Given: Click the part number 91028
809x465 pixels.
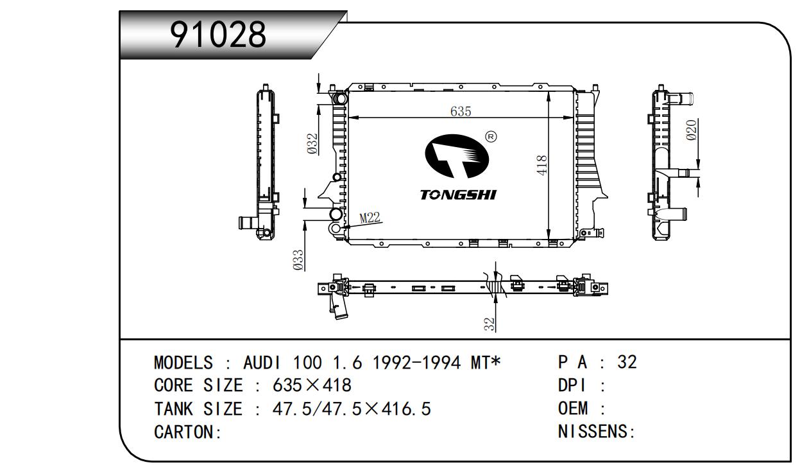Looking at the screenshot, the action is [218, 35].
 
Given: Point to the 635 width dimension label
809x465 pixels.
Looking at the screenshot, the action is [461, 111].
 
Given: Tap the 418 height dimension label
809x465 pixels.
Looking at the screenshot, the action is [541, 166].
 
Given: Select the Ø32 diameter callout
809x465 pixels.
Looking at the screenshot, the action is [312, 144].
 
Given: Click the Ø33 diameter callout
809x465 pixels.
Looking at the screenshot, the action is [298, 260].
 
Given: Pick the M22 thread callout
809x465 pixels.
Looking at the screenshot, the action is [370, 217].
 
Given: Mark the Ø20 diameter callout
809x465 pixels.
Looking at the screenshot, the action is [691, 130].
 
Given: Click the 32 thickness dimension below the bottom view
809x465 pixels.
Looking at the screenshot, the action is [489, 324].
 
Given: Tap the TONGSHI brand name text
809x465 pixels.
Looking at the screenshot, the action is [458, 195].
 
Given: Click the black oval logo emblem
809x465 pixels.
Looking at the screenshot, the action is [457, 156].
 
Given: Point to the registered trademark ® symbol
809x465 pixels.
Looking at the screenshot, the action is [491, 137].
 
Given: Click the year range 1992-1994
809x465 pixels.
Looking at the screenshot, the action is [416, 363].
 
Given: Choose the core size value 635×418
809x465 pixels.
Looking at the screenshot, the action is [312, 385].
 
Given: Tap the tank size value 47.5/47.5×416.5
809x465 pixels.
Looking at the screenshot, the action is [352, 409].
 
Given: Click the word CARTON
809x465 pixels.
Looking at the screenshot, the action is [184, 432].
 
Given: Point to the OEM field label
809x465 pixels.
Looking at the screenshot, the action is [573, 408].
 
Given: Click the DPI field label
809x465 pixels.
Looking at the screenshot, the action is [572, 385].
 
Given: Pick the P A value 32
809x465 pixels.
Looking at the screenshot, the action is [627, 362].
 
